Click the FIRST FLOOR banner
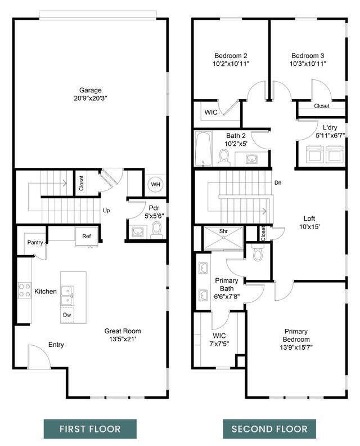pyautogui.click(x=90, y=429)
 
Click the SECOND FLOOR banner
pyautogui.click(x=270, y=429)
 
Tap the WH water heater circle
pyautogui.click(x=155, y=184)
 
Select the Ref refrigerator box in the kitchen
pyautogui.click(x=87, y=236)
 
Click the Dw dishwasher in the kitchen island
pyautogui.click(x=67, y=315)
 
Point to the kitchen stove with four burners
pyautogui.click(x=25, y=290)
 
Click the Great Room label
pyautogui.click(x=123, y=331)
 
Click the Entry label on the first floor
pyautogui.click(x=56, y=345)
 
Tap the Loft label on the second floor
pyautogui.click(x=309, y=219)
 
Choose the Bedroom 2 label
pyautogui.click(x=231, y=55)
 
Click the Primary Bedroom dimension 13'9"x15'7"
pyautogui.click(x=296, y=347)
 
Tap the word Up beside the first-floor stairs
pyautogui.click(x=106, y=211)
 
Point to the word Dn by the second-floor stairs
pyautogui.click(x=278, y=182)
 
